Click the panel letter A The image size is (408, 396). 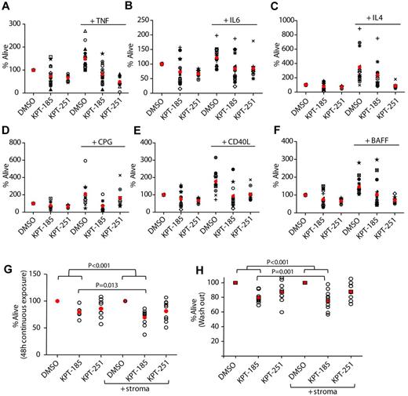click(6, 7)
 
